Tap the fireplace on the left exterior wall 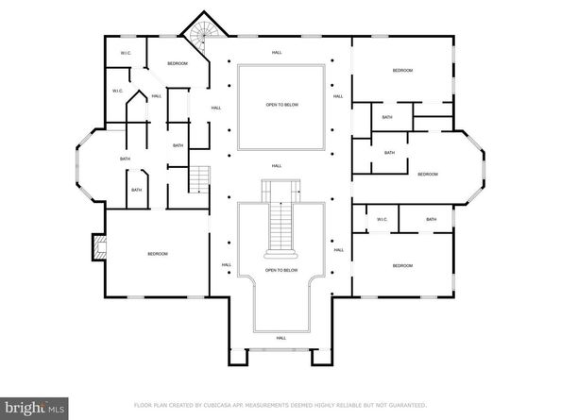97,247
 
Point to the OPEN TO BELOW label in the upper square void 281,105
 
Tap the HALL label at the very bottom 280,337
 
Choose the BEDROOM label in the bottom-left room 157,255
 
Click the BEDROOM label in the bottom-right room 402,266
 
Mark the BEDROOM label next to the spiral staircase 178,63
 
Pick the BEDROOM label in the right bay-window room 429,174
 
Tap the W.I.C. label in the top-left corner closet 126,53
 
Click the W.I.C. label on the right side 382,220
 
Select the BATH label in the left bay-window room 125,159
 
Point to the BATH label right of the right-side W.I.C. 431,220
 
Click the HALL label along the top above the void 277,52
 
